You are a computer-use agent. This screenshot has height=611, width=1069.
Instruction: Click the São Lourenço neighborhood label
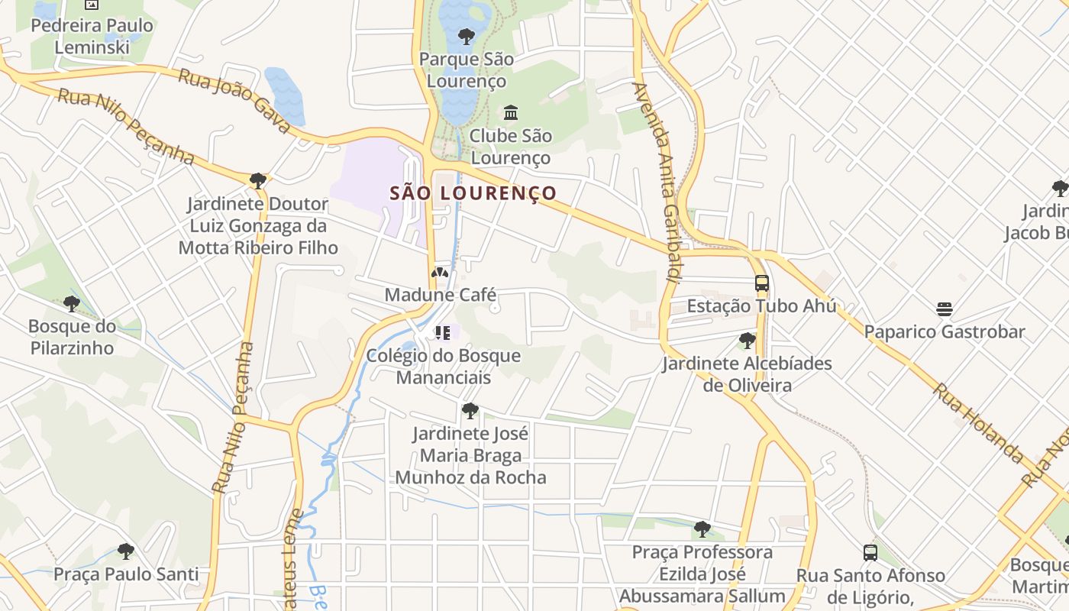(473, 193)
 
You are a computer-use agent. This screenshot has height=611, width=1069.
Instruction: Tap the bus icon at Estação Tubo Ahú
(761, 283)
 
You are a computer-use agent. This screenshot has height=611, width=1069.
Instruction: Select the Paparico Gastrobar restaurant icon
(945, 309)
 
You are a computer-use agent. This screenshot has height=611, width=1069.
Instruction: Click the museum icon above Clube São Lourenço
(511, 113)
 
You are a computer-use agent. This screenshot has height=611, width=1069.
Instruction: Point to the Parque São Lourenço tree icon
(466, 36)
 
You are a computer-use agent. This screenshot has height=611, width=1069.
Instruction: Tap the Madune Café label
(441, 295)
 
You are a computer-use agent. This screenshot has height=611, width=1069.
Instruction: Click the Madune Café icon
(439, 273)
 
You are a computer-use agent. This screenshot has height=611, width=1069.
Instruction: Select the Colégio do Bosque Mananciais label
(444, 367)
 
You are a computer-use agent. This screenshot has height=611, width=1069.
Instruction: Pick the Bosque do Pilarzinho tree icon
(72, 304)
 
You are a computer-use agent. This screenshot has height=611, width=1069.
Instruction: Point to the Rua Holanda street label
(978, 423)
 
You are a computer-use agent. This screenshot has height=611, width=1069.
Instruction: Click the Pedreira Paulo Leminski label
(92, 36)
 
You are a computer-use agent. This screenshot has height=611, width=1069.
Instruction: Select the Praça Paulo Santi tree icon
(126, 551)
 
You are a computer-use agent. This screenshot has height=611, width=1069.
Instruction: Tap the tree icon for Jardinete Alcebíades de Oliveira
(747, 341)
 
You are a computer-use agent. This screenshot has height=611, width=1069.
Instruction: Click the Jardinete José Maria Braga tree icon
(470, 411)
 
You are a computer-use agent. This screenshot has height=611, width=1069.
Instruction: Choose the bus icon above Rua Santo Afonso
(870, 552)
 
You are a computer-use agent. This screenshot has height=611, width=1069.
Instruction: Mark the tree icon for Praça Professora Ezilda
(702, 529)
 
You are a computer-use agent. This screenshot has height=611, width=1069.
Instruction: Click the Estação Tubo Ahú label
(761, 306)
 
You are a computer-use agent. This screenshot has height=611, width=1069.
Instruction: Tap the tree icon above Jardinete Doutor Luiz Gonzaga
(258, 181)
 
